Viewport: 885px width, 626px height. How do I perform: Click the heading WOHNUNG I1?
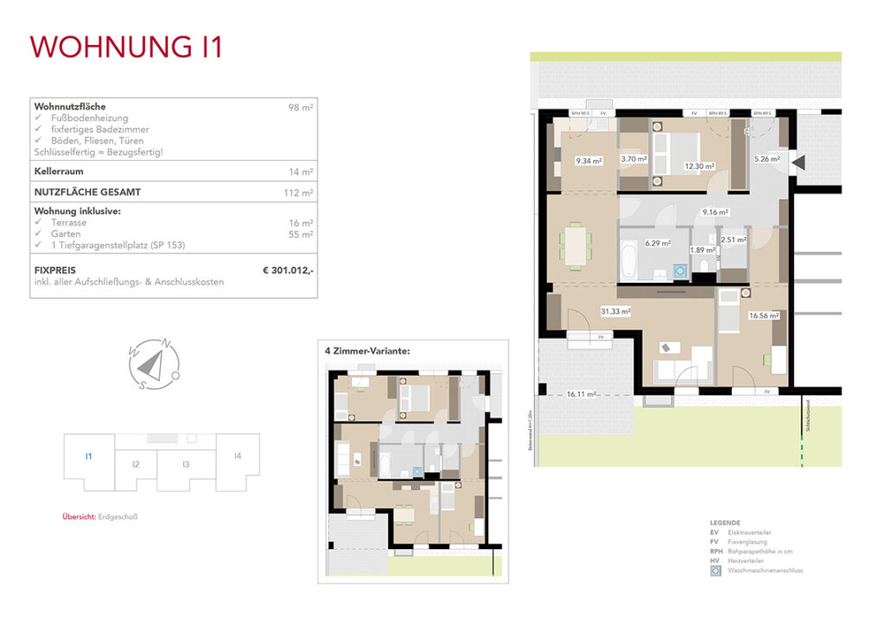127,47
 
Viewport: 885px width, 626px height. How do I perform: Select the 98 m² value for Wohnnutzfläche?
301,107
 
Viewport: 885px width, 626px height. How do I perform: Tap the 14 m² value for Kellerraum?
301,172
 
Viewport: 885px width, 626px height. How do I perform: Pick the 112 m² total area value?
299,193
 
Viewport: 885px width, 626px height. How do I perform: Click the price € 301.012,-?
288,271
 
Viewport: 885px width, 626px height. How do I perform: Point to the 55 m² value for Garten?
301,234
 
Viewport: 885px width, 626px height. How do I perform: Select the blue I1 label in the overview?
88,457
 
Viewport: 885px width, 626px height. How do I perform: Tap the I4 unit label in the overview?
237,457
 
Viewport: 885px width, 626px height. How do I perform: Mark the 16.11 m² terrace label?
583,393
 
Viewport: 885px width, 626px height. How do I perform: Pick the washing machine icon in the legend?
716,572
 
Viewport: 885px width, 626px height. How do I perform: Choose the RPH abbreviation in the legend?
715,552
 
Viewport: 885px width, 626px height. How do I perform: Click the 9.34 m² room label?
589,160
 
